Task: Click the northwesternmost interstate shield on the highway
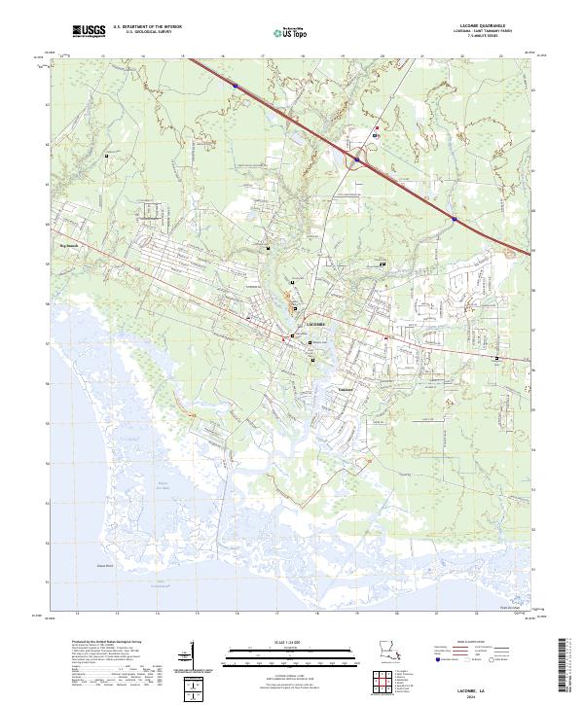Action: pyautogui.click(x=235, y=86)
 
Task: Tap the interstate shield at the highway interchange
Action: pyautogui.click(x=357, y=159)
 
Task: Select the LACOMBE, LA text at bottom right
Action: pyautogui.click(x=483, y=684)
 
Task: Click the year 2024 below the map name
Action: pyautogui.click(x=483, y=691)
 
